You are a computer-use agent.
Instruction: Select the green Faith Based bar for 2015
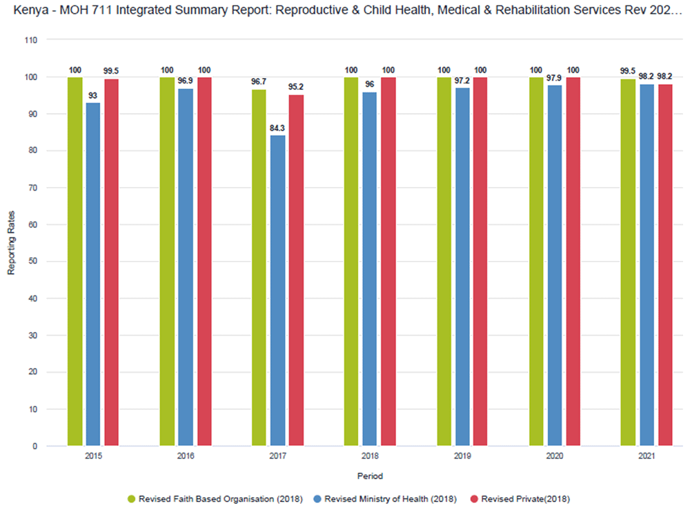pos(75,262)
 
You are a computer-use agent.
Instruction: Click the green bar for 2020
pos(536,262)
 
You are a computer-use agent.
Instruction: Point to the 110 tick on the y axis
pos(31,40)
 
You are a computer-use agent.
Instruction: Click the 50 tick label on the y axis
pos(33,262)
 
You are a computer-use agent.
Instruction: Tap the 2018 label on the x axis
pos(370,457)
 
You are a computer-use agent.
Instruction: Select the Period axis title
pos(370,476)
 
